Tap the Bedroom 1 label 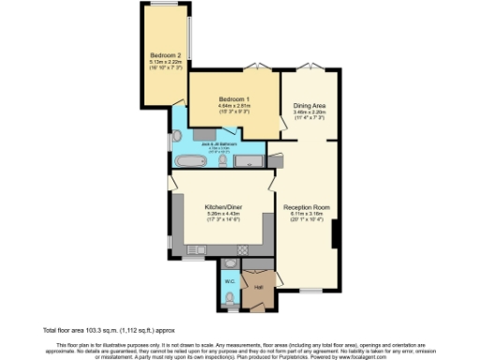pyautogui.click(x=233, y=99)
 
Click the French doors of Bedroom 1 pyautogui.click(x=254, y=67)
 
